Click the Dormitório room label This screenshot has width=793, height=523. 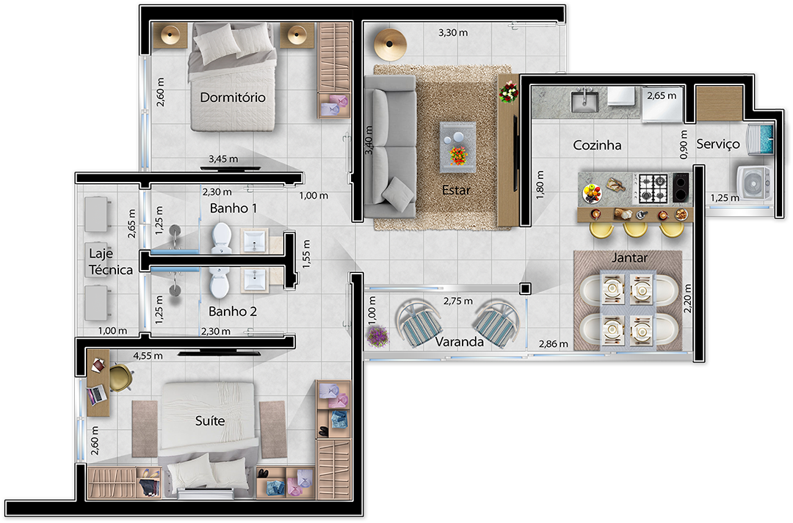pos(233,97)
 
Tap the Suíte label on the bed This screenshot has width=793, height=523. pos(210,420)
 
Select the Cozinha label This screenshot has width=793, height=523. pos(597,145)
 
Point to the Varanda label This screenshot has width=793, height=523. pos(459,342)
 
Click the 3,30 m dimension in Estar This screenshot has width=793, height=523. pos(452,33)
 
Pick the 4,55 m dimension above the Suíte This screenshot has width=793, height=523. pos(148,356)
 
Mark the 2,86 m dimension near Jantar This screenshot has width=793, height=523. pos(554,344)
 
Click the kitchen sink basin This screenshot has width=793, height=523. pos(584,100)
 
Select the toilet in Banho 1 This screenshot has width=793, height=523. pos(222,238)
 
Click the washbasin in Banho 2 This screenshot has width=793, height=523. pos(255,279)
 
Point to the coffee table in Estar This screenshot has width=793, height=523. pos(457,147)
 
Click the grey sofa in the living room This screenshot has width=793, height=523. pos(390,147)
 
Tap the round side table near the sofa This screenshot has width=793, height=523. pos(390,45)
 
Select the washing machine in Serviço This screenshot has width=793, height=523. pos(753,183)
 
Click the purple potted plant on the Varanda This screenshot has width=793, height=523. pos(377,335)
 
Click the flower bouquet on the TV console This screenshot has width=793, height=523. pos(509,92)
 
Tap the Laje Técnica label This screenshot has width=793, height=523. pos(111,261)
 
